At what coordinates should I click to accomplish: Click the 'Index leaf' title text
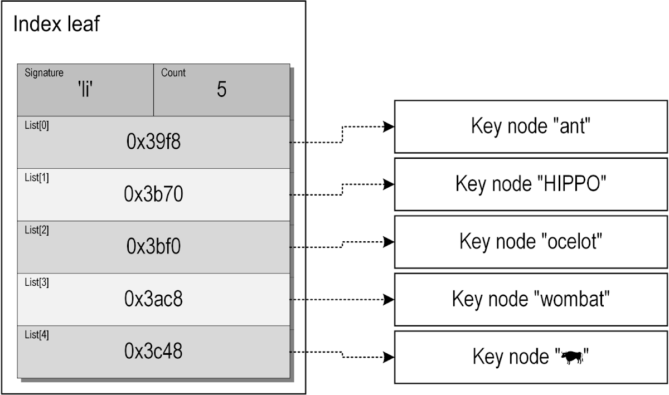56,25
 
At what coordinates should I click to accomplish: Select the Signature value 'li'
85,90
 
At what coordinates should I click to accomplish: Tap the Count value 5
221,90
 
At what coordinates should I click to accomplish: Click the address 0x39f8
153,143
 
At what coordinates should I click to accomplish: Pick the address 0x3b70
153,194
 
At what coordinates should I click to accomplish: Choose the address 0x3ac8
153,299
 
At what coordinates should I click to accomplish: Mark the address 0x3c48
153,351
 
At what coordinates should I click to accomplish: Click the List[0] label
37,125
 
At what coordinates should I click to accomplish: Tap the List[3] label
37,282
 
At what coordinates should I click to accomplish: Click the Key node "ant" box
531,126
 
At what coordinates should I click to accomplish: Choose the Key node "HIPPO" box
531,184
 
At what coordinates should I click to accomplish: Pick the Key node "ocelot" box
531,242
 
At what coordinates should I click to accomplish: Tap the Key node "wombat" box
531,299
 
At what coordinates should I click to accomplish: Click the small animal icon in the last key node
571,358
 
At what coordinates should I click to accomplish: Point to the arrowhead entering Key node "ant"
389,127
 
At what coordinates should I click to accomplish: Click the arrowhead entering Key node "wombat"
389,299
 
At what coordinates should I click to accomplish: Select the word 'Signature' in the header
44,73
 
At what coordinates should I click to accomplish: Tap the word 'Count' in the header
173,73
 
